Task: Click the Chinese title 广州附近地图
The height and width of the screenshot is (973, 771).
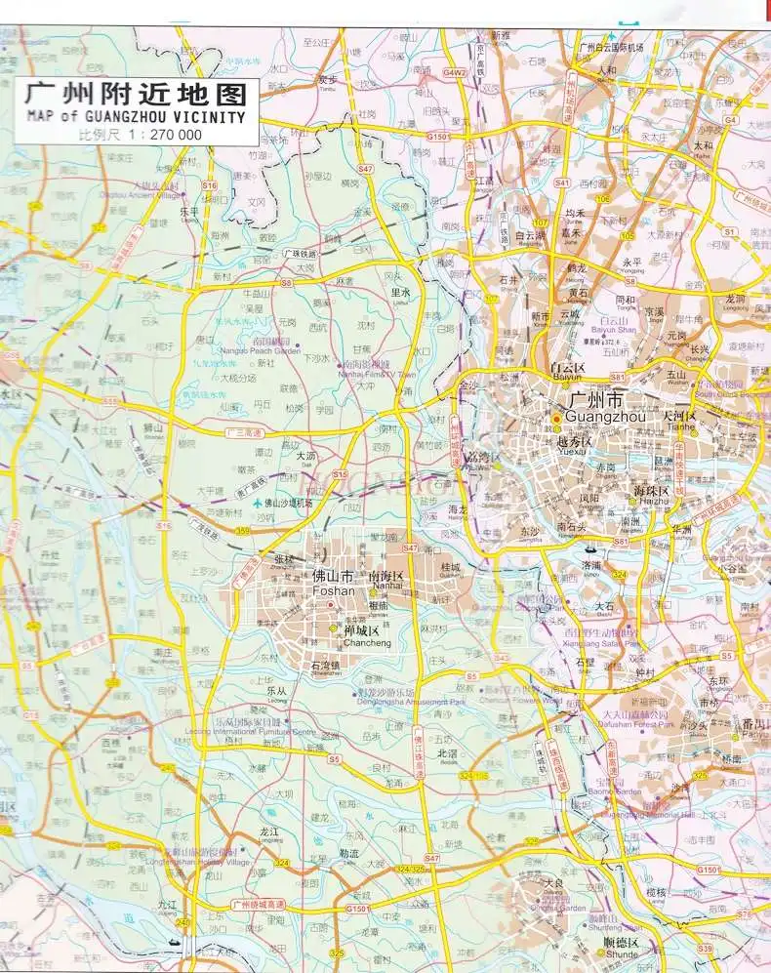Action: point(136,96)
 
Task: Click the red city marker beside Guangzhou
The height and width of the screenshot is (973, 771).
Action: point(556,420)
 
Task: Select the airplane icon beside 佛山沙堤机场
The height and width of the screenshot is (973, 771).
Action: point(257,504)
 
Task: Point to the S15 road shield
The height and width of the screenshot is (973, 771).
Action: point(339,474)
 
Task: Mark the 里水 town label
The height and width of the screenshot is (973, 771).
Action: point(399,292)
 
